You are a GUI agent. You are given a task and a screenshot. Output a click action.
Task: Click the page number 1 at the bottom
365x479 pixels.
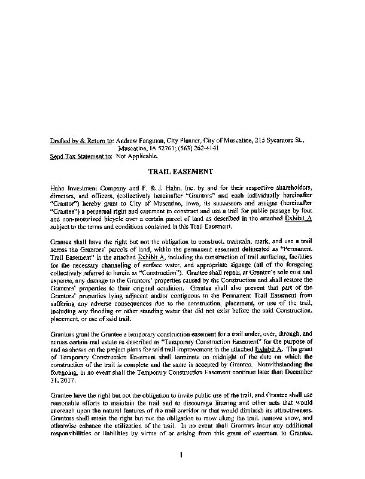click(x=180, y=456)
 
